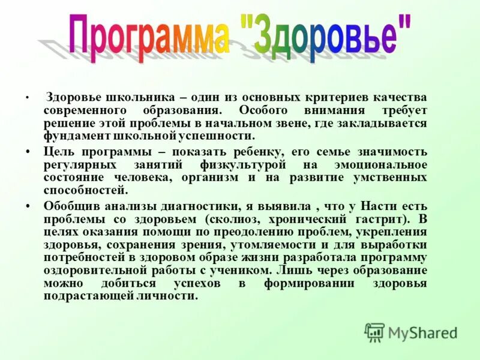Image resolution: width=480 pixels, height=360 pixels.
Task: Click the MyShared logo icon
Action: [374, 332]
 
